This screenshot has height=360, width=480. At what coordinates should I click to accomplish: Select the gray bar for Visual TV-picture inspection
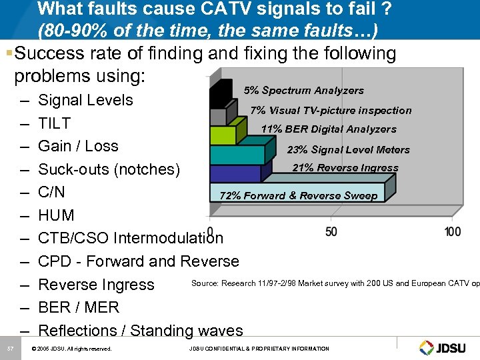pos(219,117)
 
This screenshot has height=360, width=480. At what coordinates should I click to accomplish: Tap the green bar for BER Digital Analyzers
pos(222,135)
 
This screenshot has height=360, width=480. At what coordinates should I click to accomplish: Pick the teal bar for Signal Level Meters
pos(236,155)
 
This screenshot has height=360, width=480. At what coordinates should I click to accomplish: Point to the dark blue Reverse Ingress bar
pos(234,173)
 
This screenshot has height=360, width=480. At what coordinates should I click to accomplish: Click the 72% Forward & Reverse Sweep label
pos(299,195)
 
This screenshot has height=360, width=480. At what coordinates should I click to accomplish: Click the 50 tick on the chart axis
pos(331,231)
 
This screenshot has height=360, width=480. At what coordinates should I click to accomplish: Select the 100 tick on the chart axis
pos(452,231)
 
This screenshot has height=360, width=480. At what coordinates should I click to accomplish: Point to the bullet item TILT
pos(55,123)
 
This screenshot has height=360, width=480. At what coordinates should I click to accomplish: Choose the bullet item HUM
pos(57,215)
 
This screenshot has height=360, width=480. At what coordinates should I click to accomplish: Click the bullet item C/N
pos(52,192)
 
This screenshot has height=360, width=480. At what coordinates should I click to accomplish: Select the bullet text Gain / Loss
pos(78,146)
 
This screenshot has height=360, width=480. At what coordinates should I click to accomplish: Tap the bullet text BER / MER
pos(79,307)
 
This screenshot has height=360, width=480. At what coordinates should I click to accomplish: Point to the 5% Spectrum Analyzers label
pos(303,91)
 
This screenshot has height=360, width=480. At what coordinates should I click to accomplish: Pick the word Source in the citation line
pos(205,283)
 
